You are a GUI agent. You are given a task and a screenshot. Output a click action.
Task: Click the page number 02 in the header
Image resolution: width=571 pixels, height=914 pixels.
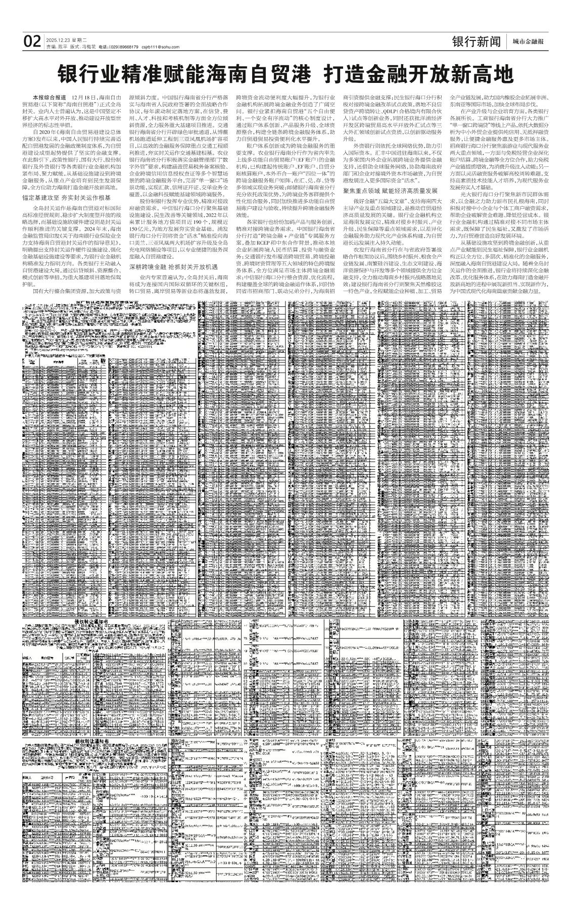tap(31, 42)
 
